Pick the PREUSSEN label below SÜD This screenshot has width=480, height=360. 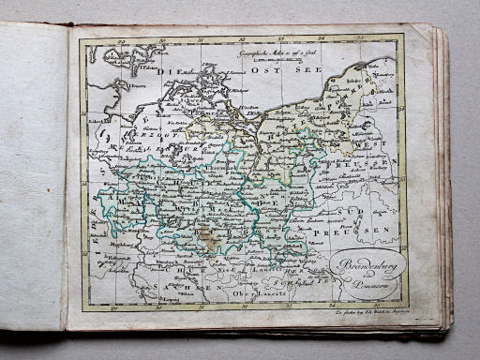coord(367,229)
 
